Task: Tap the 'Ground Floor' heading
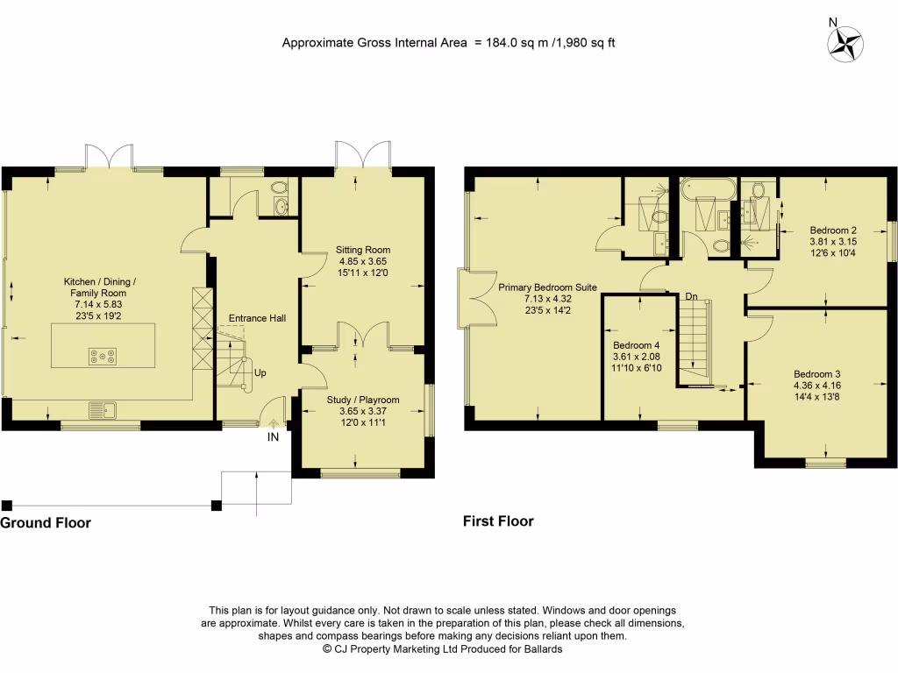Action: (46, 523)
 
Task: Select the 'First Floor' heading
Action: (498, 521)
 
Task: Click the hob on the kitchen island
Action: (98, 356)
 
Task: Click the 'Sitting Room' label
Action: (363, 249)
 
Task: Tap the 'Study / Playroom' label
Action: (363, 400)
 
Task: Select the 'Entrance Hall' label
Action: (257, 318)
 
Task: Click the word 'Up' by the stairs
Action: (260, 373)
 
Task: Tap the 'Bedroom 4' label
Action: (638, 345)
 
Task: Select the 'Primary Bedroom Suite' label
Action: (548, 287)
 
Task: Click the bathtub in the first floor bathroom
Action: (707, 187)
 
